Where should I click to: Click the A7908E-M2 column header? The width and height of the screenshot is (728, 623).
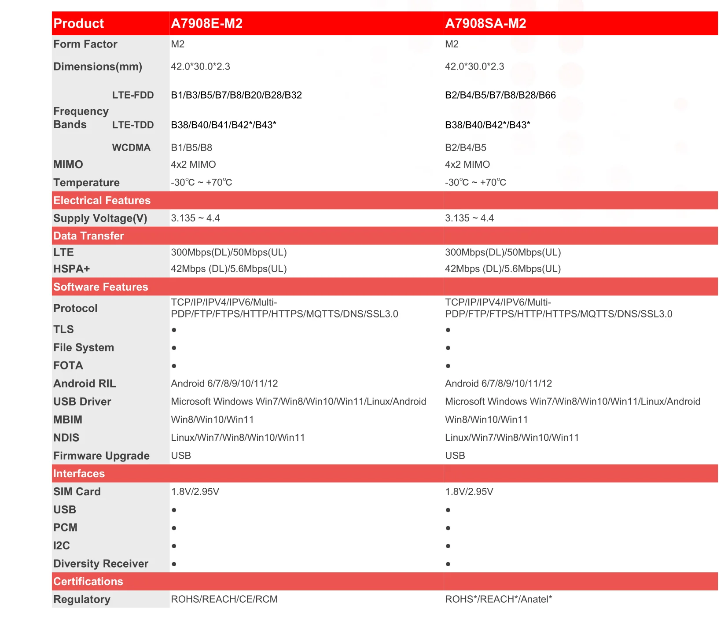point(206,23)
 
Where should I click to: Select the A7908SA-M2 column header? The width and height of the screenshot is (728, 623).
point(485,23)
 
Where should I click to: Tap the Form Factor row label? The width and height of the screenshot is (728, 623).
point(85,44)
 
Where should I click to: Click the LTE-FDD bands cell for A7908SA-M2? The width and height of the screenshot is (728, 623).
point(500,95)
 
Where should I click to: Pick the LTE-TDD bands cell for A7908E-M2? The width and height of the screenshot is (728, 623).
point(223,125)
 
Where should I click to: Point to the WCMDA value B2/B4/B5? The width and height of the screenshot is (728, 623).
point(465,147)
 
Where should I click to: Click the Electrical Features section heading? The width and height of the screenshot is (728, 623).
point(102,200)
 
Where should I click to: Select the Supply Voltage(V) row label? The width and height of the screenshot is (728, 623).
point(100,218)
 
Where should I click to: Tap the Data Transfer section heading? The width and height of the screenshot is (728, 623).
point(88,236)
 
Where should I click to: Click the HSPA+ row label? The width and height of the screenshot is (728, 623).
point(71,269)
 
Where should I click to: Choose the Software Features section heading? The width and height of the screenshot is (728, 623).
point(100,287)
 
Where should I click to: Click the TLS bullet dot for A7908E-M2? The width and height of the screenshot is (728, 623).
point(174,330)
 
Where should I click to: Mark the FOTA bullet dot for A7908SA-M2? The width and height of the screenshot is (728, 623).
point(448,366)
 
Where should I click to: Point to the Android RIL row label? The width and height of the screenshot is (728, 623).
point(85,383)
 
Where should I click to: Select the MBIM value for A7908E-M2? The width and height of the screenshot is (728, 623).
point(212,420)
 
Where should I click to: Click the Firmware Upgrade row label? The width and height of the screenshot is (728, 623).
point(101,456)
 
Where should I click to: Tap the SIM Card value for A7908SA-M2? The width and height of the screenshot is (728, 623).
point(469,491)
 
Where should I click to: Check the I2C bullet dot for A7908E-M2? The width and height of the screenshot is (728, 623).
point(174,546)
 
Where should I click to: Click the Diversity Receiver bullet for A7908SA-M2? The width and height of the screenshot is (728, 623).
point(448,564)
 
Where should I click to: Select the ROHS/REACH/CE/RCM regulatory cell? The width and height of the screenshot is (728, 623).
point(224,599)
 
